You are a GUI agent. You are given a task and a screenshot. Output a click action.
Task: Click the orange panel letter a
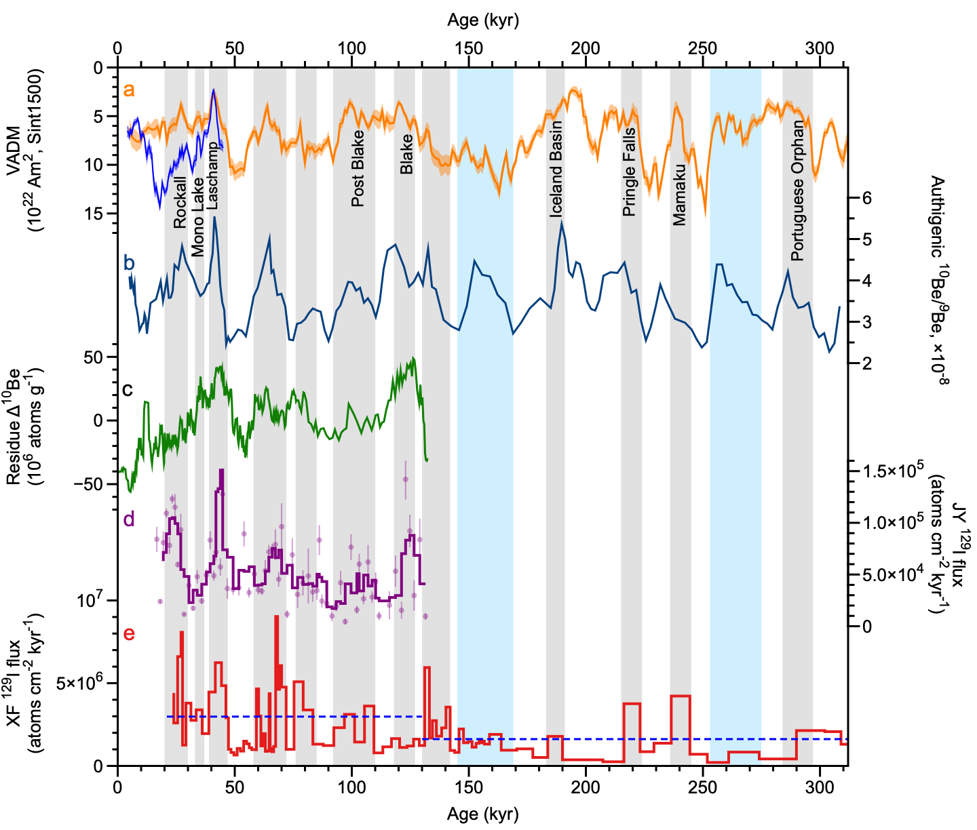point(128,90)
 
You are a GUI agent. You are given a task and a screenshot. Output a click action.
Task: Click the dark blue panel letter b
point(129,263)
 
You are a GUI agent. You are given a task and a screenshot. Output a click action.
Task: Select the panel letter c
point(128,390)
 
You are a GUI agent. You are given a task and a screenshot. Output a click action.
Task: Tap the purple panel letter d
point(129,519)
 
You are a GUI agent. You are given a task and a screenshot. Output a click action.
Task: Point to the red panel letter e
point(129,633)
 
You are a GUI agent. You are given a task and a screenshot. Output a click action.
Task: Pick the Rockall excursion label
point(180,202)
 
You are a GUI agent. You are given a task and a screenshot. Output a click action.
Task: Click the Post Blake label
point(358,168)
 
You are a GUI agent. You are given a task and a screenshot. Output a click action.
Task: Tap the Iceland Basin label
point(556,169)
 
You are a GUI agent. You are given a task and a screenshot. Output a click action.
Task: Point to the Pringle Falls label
point(630,172)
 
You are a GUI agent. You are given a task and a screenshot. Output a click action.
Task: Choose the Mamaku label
point(679,194)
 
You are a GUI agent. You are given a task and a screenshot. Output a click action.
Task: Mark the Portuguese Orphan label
point(798,191)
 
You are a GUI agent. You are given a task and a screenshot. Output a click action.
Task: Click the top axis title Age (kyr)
point(482,20)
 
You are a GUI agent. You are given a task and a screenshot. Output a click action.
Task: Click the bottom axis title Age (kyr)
point(482,814)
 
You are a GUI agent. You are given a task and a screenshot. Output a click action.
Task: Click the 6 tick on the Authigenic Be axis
point(866,199)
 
